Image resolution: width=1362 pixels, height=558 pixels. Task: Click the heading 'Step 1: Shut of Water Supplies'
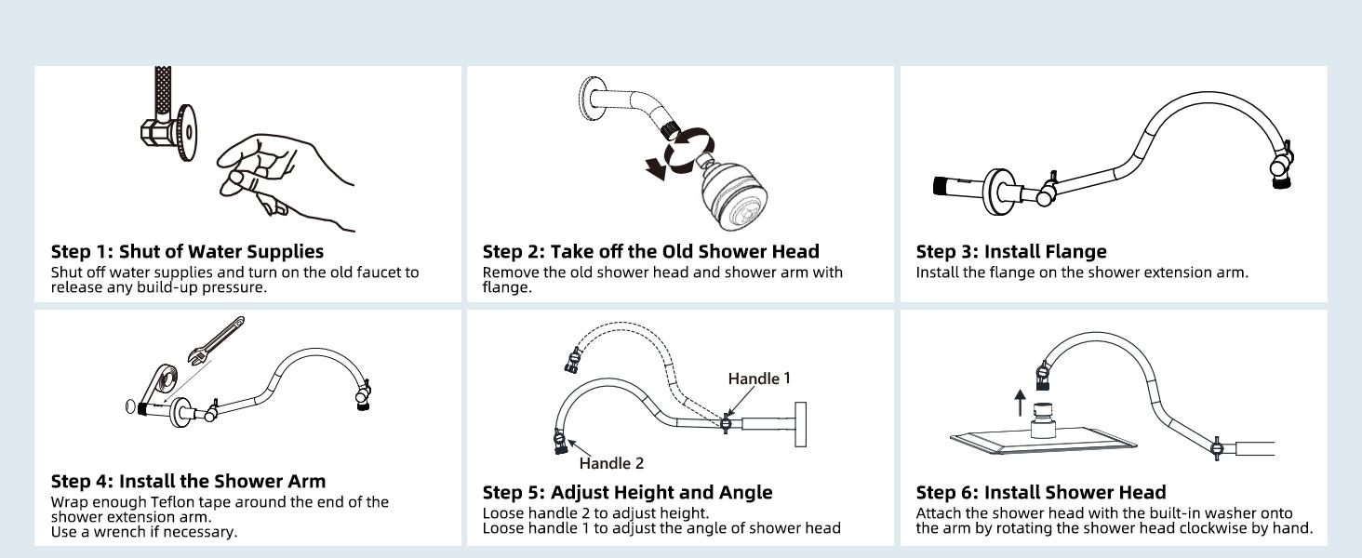(x=187, y=251)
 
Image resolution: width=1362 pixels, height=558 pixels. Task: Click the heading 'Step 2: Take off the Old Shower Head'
(x=650, y=251)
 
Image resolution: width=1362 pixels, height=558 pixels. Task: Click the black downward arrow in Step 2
(x=658, y=168)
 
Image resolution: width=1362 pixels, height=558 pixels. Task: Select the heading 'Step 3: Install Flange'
(x=1011, y=251)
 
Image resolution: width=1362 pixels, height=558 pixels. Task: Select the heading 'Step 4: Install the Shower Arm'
(x=189, y=481)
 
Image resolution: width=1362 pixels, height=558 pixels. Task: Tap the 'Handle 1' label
(x=758, y=378)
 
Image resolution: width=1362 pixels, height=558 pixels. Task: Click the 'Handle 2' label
(x=610, y=463)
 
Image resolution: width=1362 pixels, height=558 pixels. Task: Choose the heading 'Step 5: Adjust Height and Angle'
(x=627, y=492)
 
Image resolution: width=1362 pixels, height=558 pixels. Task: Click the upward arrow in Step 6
(x=1021, y=403)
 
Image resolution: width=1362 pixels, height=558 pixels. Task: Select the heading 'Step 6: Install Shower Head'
(x=1040, y=492)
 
